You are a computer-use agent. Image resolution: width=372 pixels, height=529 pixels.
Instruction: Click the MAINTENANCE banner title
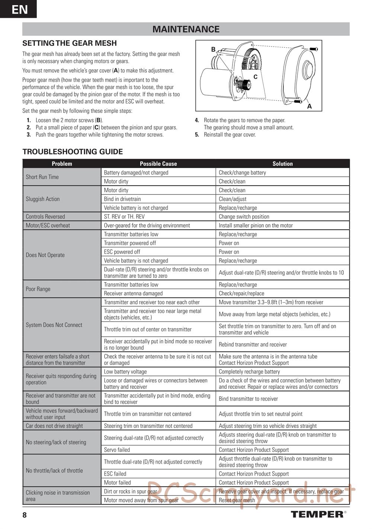(186, 29)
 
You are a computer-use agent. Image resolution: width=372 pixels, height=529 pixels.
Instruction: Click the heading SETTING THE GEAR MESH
(70, 43)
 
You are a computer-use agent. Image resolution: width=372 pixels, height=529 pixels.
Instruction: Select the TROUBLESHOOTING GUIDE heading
(73, 152)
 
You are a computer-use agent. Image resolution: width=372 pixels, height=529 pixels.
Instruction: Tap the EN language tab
(19, 9)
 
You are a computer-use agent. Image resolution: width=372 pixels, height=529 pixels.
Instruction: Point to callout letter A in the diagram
(309, 106)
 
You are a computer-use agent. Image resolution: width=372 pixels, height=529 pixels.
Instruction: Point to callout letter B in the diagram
(213, 49)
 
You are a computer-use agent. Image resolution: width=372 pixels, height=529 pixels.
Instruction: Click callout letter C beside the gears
(255, 77)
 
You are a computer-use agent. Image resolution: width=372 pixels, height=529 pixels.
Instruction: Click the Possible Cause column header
(158, 164)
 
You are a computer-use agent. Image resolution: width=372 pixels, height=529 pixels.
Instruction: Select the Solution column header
(282, 164)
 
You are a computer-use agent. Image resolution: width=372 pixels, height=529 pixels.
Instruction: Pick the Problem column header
(62, 164)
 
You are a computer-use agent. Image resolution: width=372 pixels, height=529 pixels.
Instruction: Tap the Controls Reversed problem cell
(45, 216)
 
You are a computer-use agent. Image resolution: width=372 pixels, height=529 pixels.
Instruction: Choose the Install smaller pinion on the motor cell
(256, 225)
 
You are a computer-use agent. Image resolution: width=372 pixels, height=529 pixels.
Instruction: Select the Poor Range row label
(38, 289)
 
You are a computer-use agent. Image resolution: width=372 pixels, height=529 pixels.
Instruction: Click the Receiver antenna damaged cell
(133, 293)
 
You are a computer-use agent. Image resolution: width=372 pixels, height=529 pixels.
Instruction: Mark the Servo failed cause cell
(117, 450)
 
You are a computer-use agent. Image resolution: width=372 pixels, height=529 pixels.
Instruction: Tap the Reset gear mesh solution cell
(237, 500)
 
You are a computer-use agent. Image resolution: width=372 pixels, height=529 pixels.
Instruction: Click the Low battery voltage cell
(125, 371)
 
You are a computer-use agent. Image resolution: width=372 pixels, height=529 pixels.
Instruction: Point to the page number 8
(25, 515)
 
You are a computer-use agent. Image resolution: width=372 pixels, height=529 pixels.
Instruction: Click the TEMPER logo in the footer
(317, 514)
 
